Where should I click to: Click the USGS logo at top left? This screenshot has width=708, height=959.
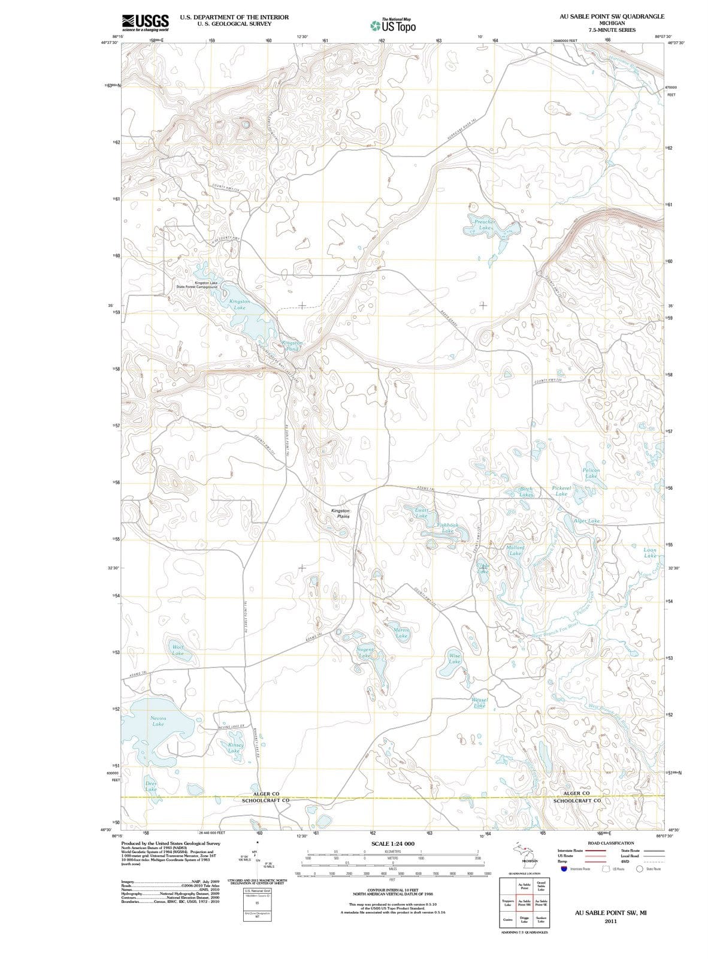click(145, 22)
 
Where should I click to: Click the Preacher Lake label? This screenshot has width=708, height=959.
click(485, 225)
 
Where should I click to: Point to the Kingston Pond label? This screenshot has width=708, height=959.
click(292, 345)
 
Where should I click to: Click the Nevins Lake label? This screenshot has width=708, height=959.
click(158, 720)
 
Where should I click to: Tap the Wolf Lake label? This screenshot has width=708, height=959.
click(178, 650)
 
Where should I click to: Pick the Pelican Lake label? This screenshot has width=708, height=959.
click(591, 474)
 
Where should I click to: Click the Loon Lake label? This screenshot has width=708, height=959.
click(650, 553)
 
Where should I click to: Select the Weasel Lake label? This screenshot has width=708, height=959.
click(480, 702)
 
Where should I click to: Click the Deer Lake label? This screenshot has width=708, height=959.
click(152, 786)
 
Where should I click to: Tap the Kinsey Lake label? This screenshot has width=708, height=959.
click(235, 747)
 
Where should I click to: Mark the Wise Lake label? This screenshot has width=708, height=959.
click(455, 658)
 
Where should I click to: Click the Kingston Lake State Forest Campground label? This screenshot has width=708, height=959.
click(197, 285)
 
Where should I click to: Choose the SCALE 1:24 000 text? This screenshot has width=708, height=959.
click(393, 843)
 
